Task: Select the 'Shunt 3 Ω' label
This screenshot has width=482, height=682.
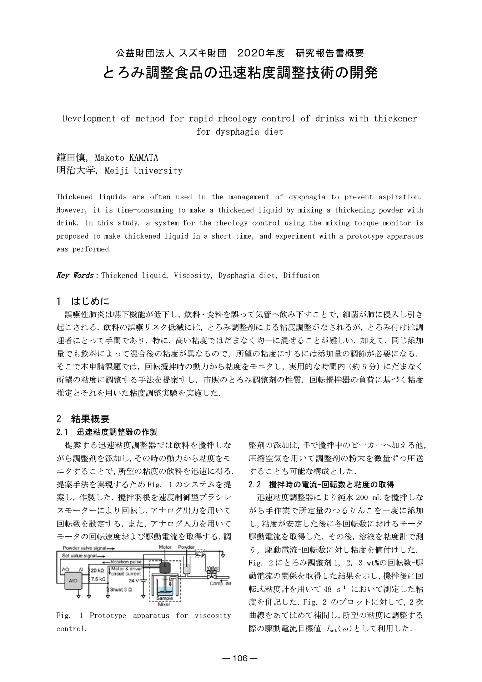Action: tap(121, 589)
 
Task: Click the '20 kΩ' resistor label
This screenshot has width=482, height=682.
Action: tap(97, 571)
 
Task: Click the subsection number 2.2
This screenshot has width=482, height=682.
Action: tap(255, 485)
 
